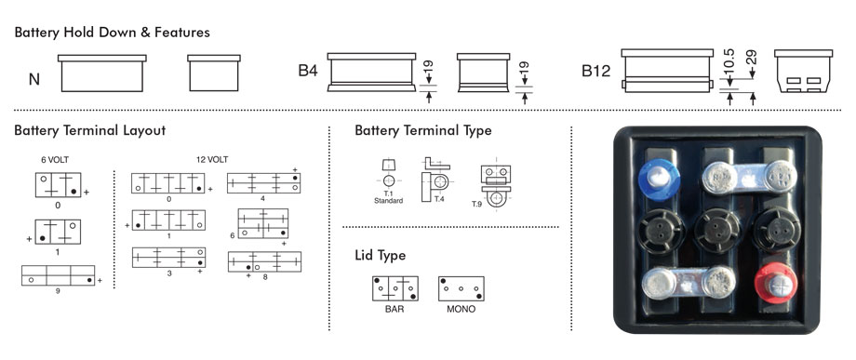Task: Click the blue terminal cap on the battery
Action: (x=659, y=180)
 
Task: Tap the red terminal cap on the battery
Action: (x=775, y=283)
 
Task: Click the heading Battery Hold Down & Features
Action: (x=112, y=33)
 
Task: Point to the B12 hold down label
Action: (x=595, y=72)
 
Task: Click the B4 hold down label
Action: (x=308, y=71)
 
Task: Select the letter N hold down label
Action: (x=34, y=80)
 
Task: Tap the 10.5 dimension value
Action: (x=729, y=61)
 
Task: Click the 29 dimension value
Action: (x=753, y=57)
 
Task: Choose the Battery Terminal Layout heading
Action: (x=90, y=131)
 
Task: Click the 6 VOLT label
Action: (x=55, y=160)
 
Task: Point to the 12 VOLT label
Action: (x=212, y=160)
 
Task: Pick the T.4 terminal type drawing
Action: (x=435, y=180)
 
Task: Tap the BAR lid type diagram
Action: (x=395, y=288)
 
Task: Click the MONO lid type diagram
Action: (x=461, y=288)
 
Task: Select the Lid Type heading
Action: (x=381, y=255)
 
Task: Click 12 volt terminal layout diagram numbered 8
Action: (x=264, y=261)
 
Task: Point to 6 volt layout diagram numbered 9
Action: (x=59, y=275)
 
